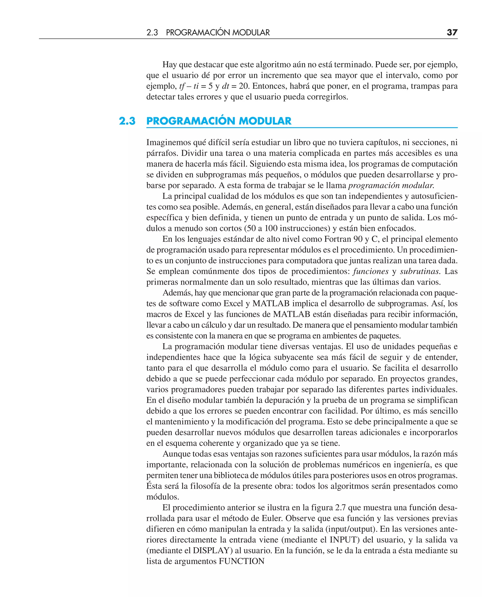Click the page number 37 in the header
452,32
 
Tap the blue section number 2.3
127,121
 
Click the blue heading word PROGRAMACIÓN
191,121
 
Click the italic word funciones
371,271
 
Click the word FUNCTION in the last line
241,561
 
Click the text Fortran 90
343,239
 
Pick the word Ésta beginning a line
155,486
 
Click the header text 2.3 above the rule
152,32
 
